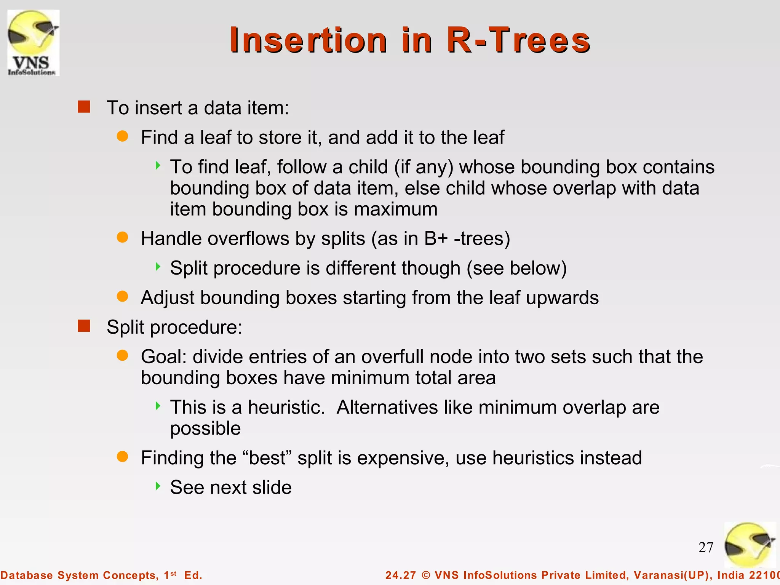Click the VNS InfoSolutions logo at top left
(34, 43)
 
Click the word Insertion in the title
(308, 40)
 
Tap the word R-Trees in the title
(518, 40)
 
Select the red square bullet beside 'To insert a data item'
(84, 107)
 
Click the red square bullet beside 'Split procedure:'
(84, 326)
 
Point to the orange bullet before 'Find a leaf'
(122, 136)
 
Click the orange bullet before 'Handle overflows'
(122, 237)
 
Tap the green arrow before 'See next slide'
(158, 486)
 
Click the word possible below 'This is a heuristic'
(205, 428)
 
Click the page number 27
(706, 547)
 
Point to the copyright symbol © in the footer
(426, 575)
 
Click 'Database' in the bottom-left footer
(26, 575)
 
